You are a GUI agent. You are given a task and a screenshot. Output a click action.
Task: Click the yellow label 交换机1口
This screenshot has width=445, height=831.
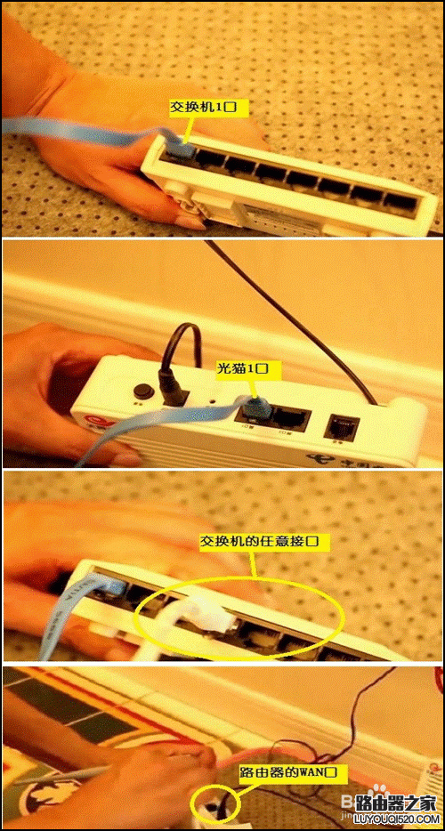(x=210, y=107)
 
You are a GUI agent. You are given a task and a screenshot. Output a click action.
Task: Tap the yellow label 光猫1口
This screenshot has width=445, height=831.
(x=243, y=367)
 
